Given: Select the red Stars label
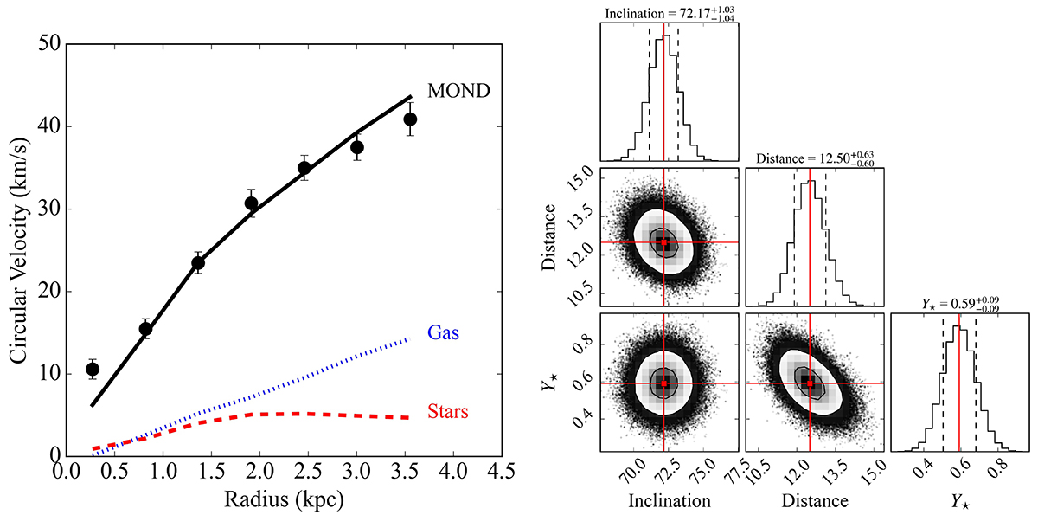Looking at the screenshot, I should click(448, 411).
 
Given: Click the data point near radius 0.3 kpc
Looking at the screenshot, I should click(93, 369).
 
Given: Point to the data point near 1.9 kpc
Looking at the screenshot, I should click(251, 203).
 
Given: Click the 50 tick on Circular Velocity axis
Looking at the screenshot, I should click(42, 43).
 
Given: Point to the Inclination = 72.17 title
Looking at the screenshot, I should click(659, 13).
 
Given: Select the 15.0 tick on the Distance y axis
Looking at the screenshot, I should click(581, 177).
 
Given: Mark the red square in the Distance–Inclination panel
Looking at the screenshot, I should click(664, 242).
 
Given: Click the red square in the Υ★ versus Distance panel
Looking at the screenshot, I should click(810, 382).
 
